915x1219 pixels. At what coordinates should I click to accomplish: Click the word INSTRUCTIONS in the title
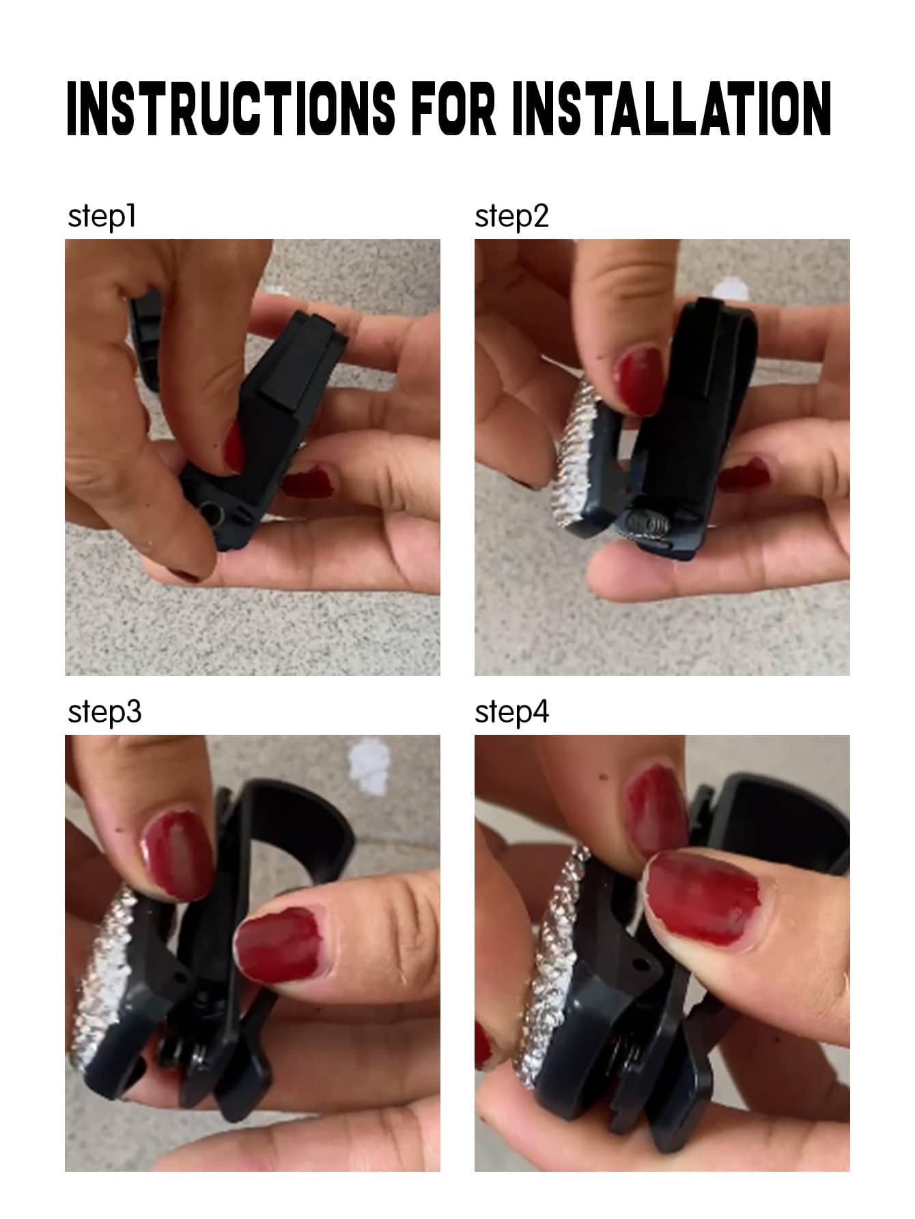click(x=231, y=108)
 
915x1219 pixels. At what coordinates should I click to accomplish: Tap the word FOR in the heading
click(x=455, y=108)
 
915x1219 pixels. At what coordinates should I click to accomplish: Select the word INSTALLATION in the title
click(x=672, y=108)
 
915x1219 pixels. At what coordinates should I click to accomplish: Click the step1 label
click(x=102, y=216)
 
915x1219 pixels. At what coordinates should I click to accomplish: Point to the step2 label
click(x=511, y=216)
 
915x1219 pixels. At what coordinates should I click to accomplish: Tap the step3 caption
click(x=104, y=712)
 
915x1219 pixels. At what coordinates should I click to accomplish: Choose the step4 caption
click(x=511, y=712)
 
